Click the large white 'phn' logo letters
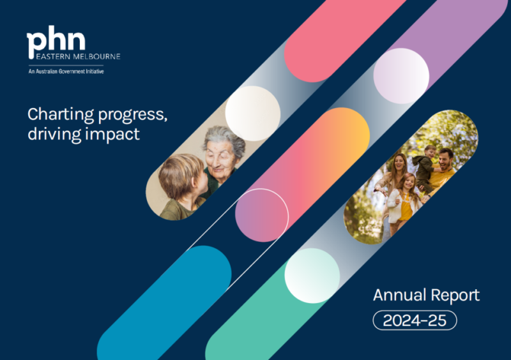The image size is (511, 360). (56, 41)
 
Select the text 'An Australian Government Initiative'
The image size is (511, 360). (66, 71)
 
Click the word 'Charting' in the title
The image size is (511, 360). (61, 115)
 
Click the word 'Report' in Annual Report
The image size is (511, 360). (455, 296)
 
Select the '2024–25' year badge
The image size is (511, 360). (415, 320)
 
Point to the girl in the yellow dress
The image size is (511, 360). (404, 202)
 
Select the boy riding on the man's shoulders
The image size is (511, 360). (425, 166)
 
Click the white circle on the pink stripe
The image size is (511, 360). (253, 114)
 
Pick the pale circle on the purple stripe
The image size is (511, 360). (401, 76)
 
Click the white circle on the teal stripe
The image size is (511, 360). (312, 276)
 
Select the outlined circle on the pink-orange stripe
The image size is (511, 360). (262, 215)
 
